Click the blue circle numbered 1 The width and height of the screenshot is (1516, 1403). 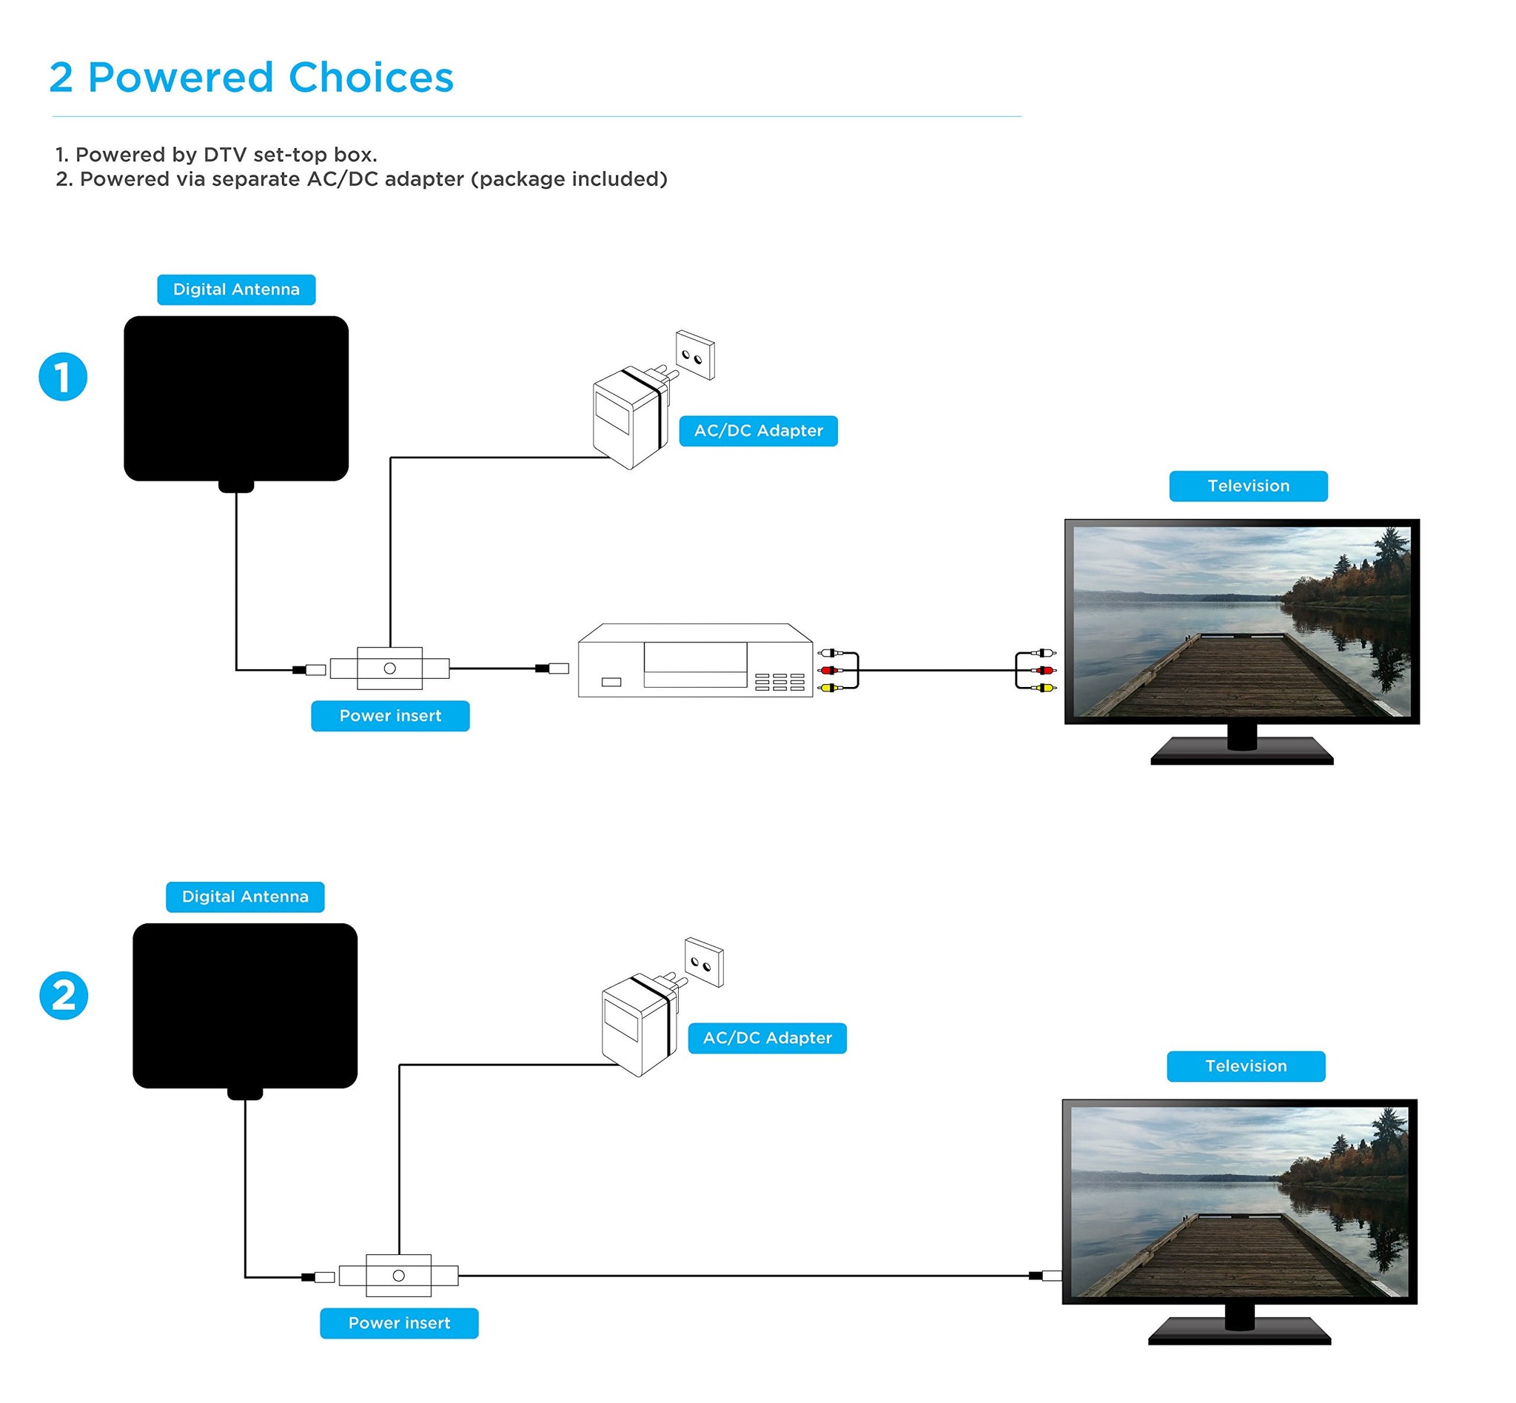pos(63,377)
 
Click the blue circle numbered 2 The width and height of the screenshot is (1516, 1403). pos(64,995)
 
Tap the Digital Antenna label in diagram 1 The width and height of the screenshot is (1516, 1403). pos(236,289)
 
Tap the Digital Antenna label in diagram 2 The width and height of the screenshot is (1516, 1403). pos(245,897)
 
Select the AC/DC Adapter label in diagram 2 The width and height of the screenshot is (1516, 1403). pos(767,1038)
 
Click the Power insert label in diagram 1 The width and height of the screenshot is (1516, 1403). pos(390,716)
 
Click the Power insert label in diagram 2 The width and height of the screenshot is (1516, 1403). pos(399,1323)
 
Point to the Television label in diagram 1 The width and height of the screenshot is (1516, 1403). pos(1247,486)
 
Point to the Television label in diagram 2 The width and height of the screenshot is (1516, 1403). pos(1245,1066)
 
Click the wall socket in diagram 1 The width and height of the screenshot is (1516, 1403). pos(694,355)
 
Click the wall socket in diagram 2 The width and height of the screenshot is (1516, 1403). pos(704,962)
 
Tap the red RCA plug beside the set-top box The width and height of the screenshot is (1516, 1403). pos(829,670)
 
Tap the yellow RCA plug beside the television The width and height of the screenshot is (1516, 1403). pos(1044,688)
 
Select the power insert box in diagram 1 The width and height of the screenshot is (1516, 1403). pos(389,668)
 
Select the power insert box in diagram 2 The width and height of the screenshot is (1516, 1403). pos(398,1276)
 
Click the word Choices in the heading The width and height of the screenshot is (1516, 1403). pos(370,78)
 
